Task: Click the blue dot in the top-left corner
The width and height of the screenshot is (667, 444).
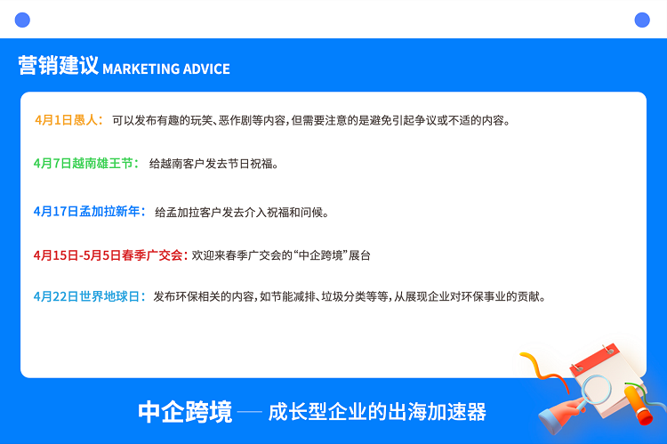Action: click(x=22, y=20)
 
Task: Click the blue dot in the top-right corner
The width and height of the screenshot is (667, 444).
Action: click(x=642, y=20)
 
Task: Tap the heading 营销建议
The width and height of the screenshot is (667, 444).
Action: click(x=59, y=66)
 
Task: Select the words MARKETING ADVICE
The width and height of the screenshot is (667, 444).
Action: click(x=166, y=69)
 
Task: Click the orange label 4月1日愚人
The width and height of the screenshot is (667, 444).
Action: click(x=68, y=120)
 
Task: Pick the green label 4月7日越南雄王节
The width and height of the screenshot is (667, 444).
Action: click(x=86, y=163)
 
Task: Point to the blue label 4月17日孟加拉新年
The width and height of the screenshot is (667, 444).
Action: click(x=90, y=211)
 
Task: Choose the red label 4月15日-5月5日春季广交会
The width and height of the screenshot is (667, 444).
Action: click(x=110, y=255)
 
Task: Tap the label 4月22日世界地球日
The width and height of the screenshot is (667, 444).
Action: click(x=90, y=296)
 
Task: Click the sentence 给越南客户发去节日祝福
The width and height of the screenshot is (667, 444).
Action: click(x=213, y=164)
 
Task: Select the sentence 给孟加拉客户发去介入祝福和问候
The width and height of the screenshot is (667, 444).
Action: click(x=242, y=212)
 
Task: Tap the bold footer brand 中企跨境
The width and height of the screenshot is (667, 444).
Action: click(x=185, y=412)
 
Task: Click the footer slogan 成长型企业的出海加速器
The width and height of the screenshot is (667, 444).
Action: click(x=377, y=412)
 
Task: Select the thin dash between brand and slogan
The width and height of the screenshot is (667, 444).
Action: click(x=250, y=412)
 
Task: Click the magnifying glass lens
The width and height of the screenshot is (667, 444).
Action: click(x=597, y=390)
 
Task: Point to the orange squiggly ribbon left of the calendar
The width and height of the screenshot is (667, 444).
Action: click(x=545, y=372)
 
